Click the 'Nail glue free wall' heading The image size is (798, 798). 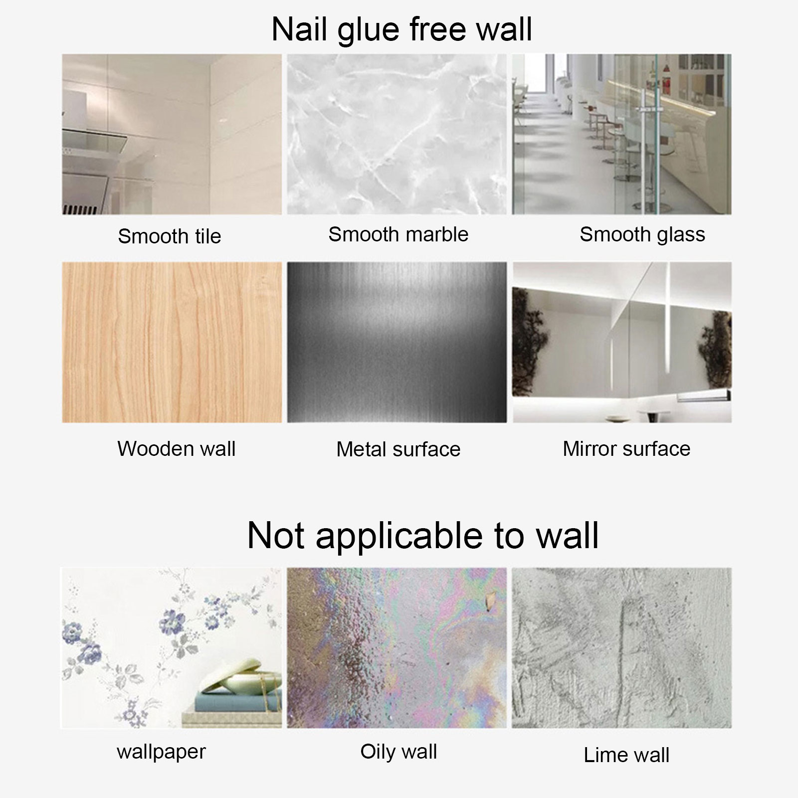tap(401, 29)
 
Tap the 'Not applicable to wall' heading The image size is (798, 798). tap(423, 536)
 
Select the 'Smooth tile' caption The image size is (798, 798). tap(169, 236)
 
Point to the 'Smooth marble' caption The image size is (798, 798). tap(398, 234)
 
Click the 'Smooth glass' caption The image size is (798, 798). tap(642, 234)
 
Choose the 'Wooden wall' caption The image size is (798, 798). tap(176, 448)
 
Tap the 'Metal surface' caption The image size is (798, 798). tap(398, 449)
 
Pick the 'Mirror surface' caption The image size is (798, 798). tap(626, 448)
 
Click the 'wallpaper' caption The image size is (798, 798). tap(161, 752)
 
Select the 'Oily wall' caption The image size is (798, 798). tap(399, 751)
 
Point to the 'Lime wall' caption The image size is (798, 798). tap(626, 755)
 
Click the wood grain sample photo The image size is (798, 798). tap(172, 342)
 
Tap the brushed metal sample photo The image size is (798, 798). tap(397, 342)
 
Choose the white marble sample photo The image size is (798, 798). tap(397, 134)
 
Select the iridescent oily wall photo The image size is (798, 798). tap(397, 647)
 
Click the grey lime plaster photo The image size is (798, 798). tap(622, 647)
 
